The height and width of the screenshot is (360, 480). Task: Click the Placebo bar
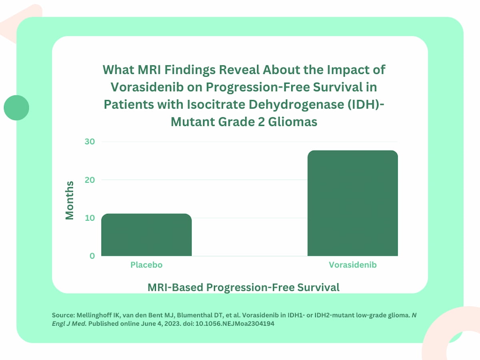click(146, 235)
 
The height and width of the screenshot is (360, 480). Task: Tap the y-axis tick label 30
click(90, 142)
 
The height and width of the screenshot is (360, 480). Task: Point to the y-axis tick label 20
click(90, 180)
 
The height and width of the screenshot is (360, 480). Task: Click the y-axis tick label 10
click(90, 218)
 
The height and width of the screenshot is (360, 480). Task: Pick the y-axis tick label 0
click(92, 256)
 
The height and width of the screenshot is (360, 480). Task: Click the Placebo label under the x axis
click(146, 265)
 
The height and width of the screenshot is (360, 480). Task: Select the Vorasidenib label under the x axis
click(352, 265)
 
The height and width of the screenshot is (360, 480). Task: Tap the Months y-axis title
click(70, 200)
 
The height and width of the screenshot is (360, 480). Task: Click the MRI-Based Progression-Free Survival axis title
click(243, 287)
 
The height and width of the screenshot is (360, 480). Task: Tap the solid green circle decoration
click(16, 108)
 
